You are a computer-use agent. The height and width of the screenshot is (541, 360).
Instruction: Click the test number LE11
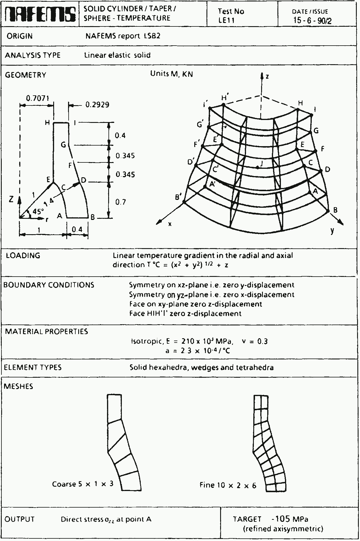[227, 20]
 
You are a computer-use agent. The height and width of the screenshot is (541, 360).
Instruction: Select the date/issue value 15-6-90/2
[313, 20]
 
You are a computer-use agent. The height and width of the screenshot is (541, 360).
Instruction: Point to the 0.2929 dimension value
[97, 105]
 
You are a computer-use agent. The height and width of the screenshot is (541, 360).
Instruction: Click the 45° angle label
[38, 211]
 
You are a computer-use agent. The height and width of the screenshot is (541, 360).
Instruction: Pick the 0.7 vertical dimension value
[121, 202]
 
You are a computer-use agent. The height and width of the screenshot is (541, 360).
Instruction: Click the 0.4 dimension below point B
[77, 230]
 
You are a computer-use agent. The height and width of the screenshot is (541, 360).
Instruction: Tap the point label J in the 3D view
[261, 164]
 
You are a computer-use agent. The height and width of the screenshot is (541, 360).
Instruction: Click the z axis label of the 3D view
[267, 77]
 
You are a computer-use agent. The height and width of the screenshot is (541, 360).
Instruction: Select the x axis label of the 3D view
[170, 224]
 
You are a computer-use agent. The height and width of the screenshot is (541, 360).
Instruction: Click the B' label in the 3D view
[178, 198]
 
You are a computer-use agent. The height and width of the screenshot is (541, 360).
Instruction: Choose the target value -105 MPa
[290, 519]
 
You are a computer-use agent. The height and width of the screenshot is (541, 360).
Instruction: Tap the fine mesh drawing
[269, 443]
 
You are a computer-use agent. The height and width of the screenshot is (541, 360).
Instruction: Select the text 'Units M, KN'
[172, 74]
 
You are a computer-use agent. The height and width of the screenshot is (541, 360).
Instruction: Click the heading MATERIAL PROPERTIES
[47, 332]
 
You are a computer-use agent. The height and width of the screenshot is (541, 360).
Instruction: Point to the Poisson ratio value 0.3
[262, 341]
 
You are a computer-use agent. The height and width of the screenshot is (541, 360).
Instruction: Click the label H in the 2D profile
[47, 123]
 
